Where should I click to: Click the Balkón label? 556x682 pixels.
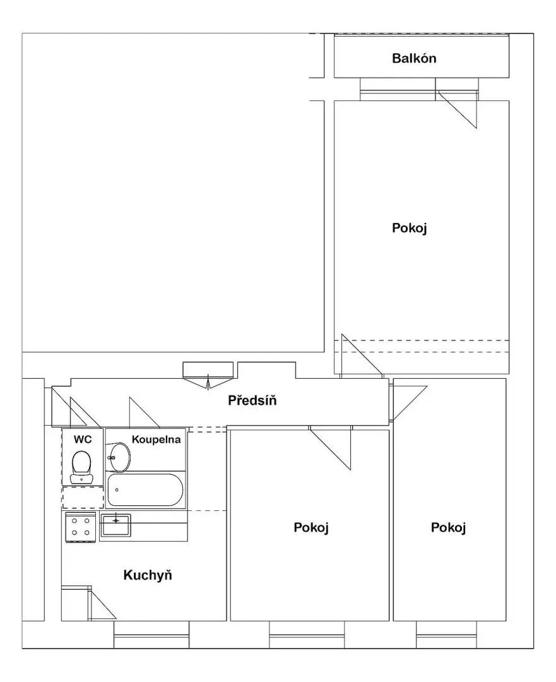click(x=414, y=58)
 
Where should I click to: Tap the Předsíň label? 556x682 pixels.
click(x=252, y=400)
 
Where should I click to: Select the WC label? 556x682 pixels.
click(x=83, y=440)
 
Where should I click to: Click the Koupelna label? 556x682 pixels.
click(x=156, y=440)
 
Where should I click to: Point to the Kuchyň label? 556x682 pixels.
click(x=148, y=575)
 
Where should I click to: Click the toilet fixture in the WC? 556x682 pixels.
click(x=81, y=467)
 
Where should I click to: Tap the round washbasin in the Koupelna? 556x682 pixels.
click(x=119, y=458)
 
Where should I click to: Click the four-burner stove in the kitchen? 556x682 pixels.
click(x=80, y=527)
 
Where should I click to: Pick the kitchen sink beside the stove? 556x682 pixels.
click(x=115, y=525)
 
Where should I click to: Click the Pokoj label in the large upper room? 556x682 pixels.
click(x=410, y=228)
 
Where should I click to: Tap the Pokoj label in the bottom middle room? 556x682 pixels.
click(x=311, y=527)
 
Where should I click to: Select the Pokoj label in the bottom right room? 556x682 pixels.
click(x=448, y=527)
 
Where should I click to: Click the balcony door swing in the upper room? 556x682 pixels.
click(x=458, y=109)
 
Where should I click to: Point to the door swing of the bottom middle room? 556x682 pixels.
click(x=331, y=448)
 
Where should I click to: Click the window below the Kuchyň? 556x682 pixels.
click(x=151, y=635)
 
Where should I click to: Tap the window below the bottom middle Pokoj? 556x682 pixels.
click(x=307, y=635)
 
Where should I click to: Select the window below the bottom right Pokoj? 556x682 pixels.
click(x=447, y=635)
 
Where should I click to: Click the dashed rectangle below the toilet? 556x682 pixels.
click(x=83, y=498)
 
